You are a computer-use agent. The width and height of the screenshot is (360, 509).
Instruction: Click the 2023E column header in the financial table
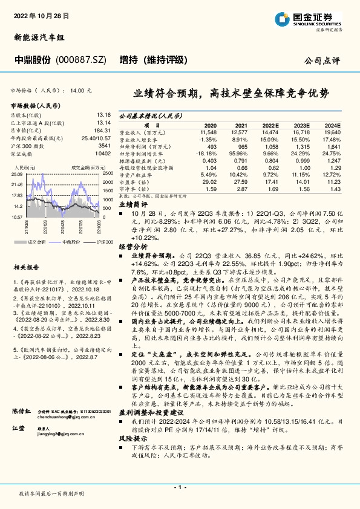(301, 123)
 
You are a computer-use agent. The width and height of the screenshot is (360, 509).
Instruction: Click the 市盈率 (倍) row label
(134, 183)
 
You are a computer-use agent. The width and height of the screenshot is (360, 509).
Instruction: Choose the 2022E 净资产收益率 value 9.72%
(270, 175)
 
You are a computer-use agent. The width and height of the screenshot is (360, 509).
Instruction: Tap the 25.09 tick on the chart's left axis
(17, 174)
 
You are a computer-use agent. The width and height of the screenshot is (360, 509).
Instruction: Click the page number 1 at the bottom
(180, 486)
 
